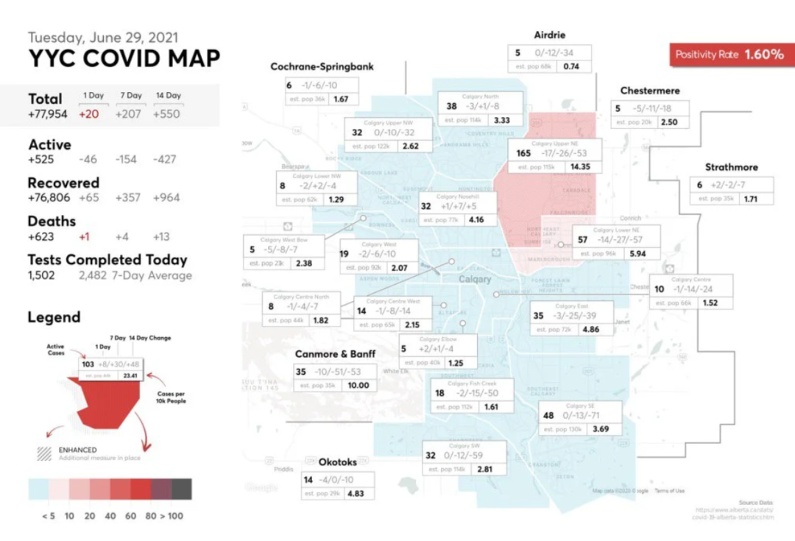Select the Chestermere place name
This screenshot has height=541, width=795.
pyautogui.click(x=650, y=91)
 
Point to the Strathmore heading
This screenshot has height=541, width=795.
pyautogui.click(x=731, y=167)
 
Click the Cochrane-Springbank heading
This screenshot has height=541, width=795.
pyautogui.click(x=322, y=66)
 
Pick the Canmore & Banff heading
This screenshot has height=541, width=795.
pyautogui.click(x=335, y=354)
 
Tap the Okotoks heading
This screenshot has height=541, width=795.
pyautogui.click(x=338, y=462)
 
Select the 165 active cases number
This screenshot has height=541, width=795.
pyautogui.click(x=524, y=154)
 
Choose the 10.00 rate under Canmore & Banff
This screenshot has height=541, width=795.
pyautogui.click(x=358, y=386)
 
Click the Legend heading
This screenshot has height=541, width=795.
pyautogui.click(x=54, y=318)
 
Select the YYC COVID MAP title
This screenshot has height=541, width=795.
pyautogui.click(x=124, y=59)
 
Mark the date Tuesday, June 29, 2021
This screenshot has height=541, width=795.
pyautogui.click(x=103, y=37)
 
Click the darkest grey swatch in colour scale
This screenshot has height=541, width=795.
pyautogui.click(x=182, y=489)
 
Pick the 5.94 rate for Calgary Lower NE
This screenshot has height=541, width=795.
pyautogui.click(x=638, y=254)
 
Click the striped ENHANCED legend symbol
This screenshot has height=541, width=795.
pyautogui.click(x=45, y=453)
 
